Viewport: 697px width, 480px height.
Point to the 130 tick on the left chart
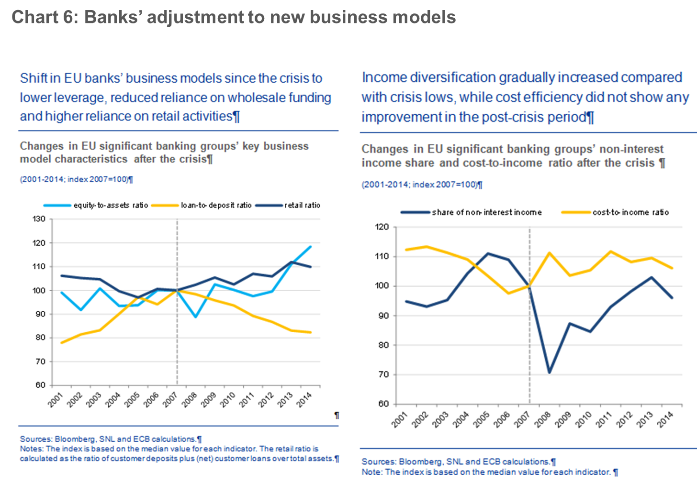[39, 219]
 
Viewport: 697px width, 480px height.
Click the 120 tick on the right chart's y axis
[382, 227]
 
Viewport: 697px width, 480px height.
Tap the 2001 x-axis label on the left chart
[56, 399]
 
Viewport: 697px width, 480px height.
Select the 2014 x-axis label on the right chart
[665, 419]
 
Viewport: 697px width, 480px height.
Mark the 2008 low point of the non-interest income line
[549, 372]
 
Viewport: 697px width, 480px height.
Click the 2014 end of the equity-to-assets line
[311, 247]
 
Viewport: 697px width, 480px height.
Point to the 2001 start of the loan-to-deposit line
[62, 342]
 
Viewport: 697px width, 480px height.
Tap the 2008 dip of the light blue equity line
[195, 317]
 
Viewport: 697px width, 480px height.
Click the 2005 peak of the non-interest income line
[488, 253]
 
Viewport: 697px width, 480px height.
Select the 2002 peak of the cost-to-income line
[427, 247]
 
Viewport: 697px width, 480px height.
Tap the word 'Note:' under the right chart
[372, 472]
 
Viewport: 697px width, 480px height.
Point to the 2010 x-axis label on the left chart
[227, 399]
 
